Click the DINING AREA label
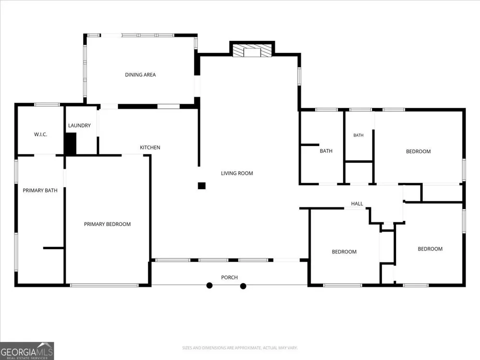140,75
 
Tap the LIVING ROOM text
237,173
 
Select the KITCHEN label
150,147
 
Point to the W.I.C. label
40,134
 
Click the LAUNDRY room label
79,125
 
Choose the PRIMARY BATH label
40,191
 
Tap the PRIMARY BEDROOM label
107,224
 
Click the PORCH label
229,277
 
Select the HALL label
357,204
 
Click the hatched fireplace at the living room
252,50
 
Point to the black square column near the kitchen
202,186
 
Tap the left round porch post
209,286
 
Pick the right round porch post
243,286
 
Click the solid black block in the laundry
71,144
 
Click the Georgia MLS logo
27,351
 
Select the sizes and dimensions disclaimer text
240,348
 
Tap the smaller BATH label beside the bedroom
359,135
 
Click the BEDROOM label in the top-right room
418,152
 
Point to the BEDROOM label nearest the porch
344,252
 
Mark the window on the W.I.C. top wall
47,105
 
